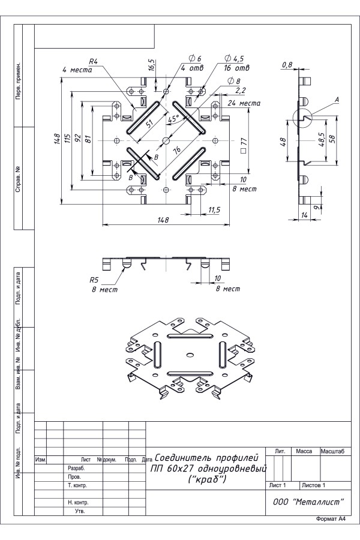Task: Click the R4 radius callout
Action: (x=93, y=61)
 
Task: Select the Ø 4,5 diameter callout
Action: (x=234, y=59)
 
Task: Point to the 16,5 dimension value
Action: (x=152, y=65)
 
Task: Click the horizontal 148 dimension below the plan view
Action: (x=163, y=220)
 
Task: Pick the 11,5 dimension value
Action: (x=215, y=209)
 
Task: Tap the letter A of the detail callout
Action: (x=338, y=99)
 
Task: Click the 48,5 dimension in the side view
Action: (x=322, y=139)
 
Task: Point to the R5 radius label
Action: (x=94, y=280)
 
